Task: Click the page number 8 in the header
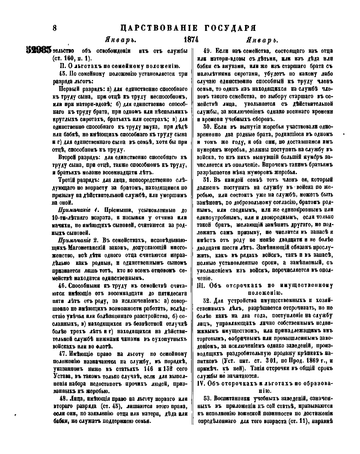pyautogui.click(x=55, y=28)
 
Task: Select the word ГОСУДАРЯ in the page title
pyautogui.click(x=230, y=28)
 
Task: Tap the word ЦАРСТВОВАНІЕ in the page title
pyautogui.click(x=159, y=28)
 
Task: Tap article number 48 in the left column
pyautogui.click(x=64, y=399)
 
